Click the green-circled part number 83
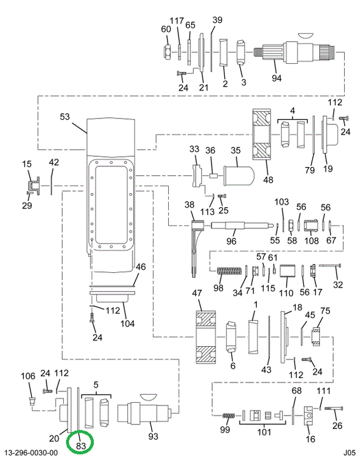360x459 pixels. click(81, 445)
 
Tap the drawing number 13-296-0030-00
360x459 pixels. click(31, 453)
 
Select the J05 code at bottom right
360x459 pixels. click(349, 453)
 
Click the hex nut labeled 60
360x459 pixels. click(167, 52)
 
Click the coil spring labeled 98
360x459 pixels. click(229, 271)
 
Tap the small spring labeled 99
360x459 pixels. click(229, 416)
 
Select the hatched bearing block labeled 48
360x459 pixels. click(262, 135)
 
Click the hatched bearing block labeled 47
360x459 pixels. click(206, 337)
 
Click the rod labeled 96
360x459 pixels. click(242, 226)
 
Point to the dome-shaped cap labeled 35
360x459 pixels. click(239, 176)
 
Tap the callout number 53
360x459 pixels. click(65, 117)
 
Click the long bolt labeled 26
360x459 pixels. click(334, 409)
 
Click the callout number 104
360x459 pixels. click(127, 323)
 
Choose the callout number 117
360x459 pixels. click(176, 21)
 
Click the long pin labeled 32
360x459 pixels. click(331, 265)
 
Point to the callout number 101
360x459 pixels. click(264, 432)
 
